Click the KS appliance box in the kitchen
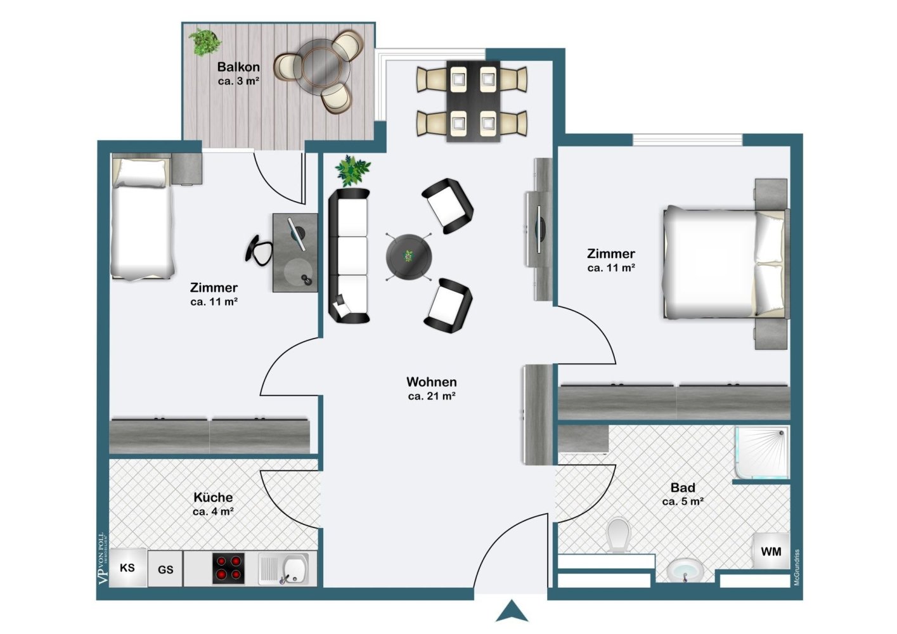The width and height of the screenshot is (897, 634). pyautogui.click(x=127, y=567)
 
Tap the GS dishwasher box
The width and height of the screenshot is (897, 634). pyautogui.click(x=165, y=569)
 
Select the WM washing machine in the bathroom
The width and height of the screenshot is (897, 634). pyautogui.click(x=771, y=552)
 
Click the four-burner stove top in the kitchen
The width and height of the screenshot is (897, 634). pyautogui.click(x=228, y=568)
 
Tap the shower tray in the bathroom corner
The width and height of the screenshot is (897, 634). pyautogui.click(x=762, y=452)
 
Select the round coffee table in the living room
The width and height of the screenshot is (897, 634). pyautogui.click(x=409, y=257)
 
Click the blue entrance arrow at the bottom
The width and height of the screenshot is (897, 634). pyautogui.click(x=512, y=612)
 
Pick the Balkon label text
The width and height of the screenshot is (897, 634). pyautogui.click(x=238, y=67)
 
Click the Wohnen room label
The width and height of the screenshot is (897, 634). pyautogui.click(x=431, y=382)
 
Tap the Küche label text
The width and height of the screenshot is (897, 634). pyautogui.click(x=213, y=497)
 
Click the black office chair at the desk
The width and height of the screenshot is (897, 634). pyautogui.click(x=259, y=249)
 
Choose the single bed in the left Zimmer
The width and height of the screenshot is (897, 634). pyautogui.click(x=141, y=219)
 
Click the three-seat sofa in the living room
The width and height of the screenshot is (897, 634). pyautogui.click(x=349, y=256)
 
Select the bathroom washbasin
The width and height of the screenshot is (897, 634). pyautogui.click(x=685, y=569)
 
